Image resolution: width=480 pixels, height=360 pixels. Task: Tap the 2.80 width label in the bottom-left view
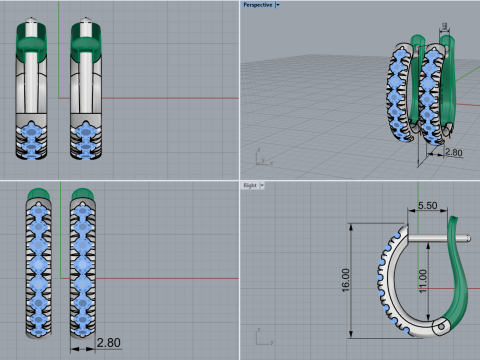click(109, 343)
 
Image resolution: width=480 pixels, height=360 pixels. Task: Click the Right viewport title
click(251, 185)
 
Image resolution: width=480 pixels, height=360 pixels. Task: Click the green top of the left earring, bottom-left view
click(39, 193)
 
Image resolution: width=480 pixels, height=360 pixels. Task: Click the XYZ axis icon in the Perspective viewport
click(258, 158)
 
